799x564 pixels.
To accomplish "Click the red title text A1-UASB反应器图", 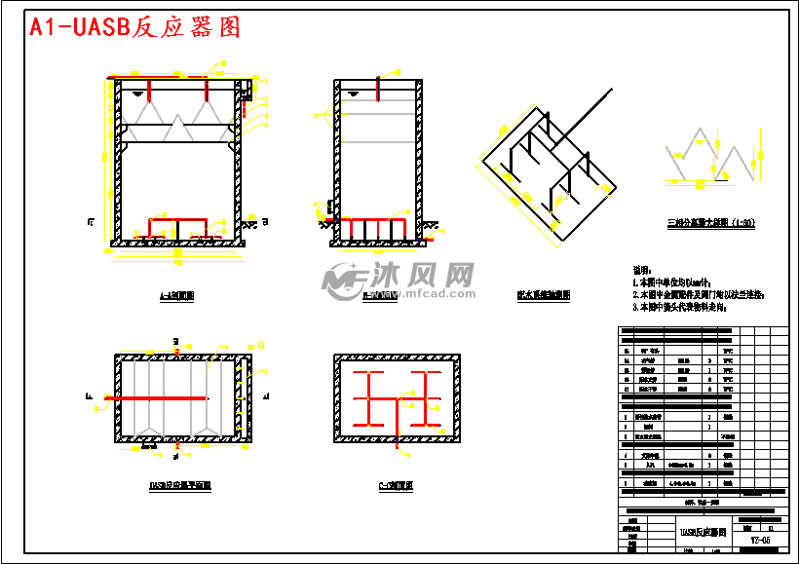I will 134,27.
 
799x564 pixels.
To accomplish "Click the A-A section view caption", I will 176,295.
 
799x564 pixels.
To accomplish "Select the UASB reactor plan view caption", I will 180,484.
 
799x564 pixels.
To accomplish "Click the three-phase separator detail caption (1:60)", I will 710,223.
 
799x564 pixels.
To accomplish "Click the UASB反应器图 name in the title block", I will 704,533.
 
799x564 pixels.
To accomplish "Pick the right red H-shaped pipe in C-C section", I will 427,398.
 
